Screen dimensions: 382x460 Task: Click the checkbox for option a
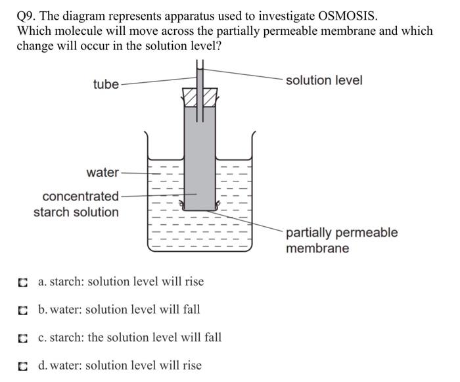click(24, 283)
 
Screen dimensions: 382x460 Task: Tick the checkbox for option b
click(24, 310)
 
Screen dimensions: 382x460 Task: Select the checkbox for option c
click(24, 339)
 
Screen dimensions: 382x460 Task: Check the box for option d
click(24, 366)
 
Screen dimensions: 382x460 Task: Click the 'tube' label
click(106, 84)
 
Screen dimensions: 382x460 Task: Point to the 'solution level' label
click(323, 80)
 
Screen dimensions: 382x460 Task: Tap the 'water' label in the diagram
click(103, 172)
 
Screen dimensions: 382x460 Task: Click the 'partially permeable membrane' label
click(341, 241)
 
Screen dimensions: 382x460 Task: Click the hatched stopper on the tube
click(200, 96)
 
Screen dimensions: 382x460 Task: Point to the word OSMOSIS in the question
click(343, 16)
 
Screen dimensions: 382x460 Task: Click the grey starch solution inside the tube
click(200, 158)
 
